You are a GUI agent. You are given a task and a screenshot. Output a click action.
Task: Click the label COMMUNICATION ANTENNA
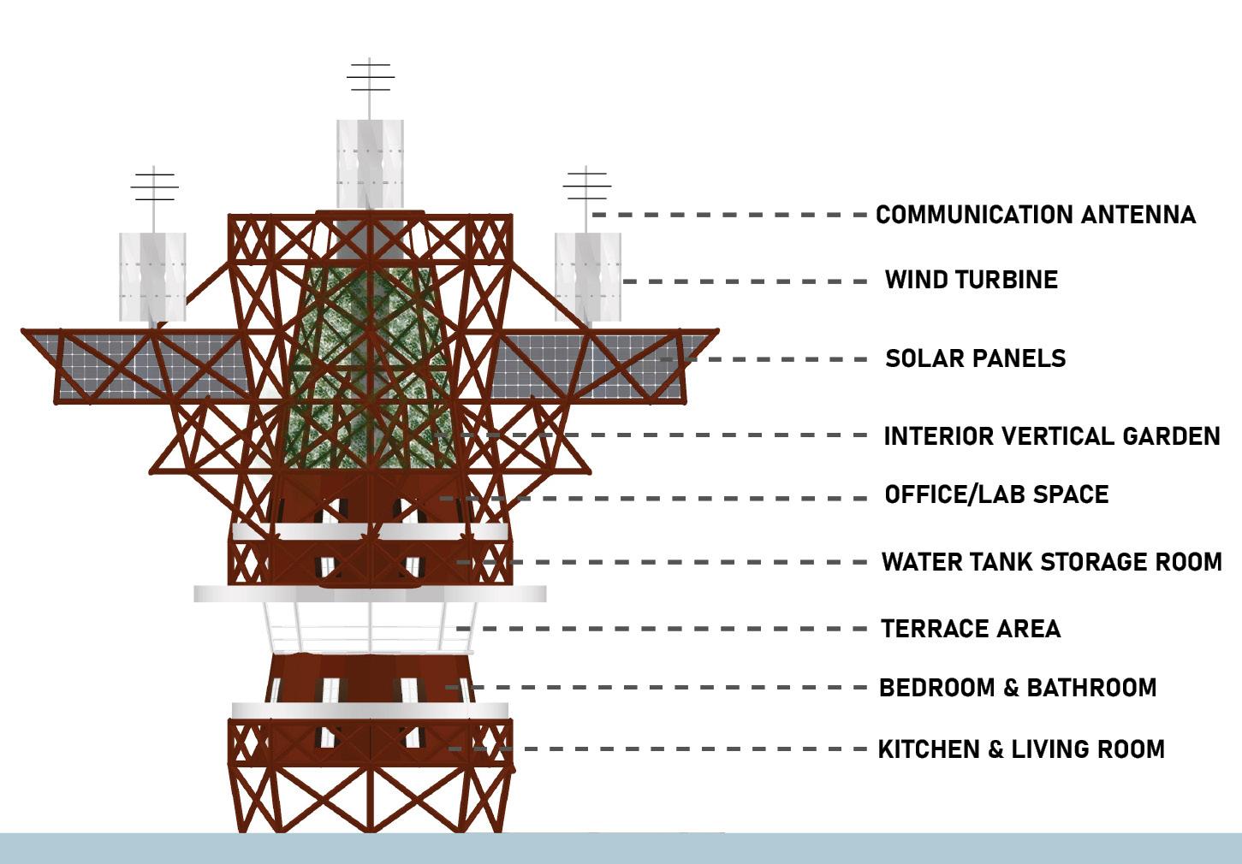[x=1035, y=215]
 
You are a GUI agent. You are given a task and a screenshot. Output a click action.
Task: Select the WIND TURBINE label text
[x=971, y=280]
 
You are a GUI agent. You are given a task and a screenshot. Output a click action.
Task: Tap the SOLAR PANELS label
[x=975, y=358]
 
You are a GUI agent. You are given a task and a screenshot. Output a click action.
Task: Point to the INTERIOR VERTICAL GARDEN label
[x=1051, y=436]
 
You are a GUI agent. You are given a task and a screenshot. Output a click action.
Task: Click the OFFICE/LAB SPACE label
[x=996, y=494]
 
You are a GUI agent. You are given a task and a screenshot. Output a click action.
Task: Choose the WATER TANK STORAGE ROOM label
[x=1051, y=562]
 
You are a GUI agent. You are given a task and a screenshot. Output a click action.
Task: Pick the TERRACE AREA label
[x=971, y=629]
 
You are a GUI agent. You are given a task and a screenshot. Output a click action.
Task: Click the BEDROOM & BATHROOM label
[x=1018, y=688]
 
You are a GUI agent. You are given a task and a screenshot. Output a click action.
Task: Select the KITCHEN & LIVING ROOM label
[x=1021, y=749]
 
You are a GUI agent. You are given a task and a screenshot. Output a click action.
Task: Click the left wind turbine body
[x=152, y=276]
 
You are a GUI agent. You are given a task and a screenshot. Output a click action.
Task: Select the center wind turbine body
[x=370, y=163]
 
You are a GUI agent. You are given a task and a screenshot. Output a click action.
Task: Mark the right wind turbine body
[x=587, y=276]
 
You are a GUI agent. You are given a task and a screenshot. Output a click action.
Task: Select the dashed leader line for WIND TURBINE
[x=745, y=281]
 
